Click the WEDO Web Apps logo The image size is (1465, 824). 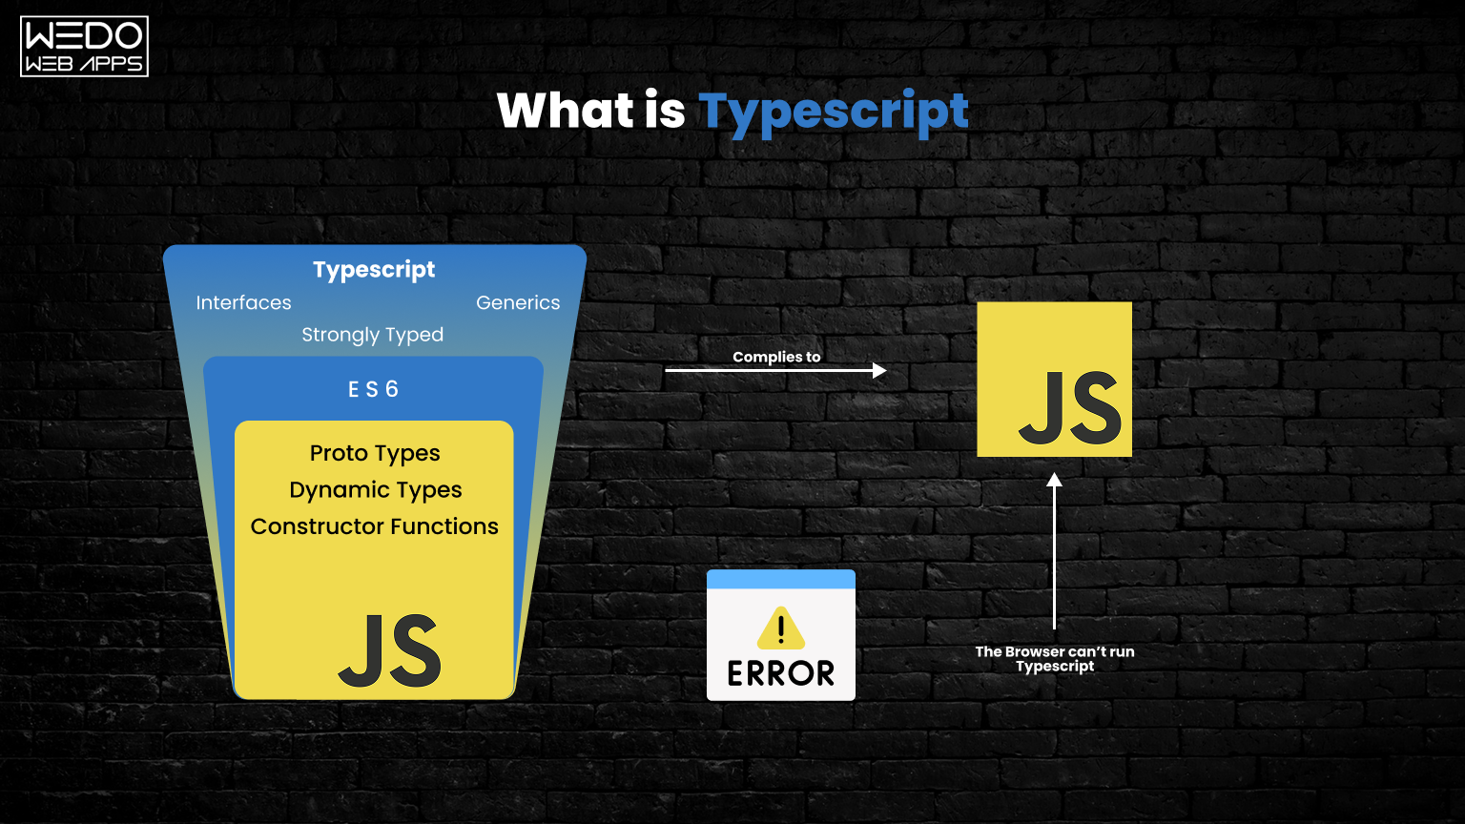coord(84,46)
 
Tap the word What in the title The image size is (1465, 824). coord(565,111)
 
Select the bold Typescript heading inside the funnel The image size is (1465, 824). coord(374,270)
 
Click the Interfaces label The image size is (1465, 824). coord(243,302)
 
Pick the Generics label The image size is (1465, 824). coord(518,302)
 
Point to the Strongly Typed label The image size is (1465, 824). coord(372,335)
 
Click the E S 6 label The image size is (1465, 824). coord(373,389)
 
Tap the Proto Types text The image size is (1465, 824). coord(375,453)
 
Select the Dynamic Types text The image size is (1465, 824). coord(375,490)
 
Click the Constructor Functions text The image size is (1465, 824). coord(374,526)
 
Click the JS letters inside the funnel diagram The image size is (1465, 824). coord(390,651)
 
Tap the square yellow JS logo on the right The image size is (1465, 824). coord(1054,380)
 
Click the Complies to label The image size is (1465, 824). coord(776,357)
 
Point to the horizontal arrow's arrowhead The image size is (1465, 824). coord(879,370)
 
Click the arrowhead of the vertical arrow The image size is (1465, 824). coord(1054,481)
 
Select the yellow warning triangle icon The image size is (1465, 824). coord(780,628)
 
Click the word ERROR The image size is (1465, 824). coord(780,673)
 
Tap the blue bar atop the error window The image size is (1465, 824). coord(780,579)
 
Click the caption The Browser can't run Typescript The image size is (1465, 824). coord(1054,658)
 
